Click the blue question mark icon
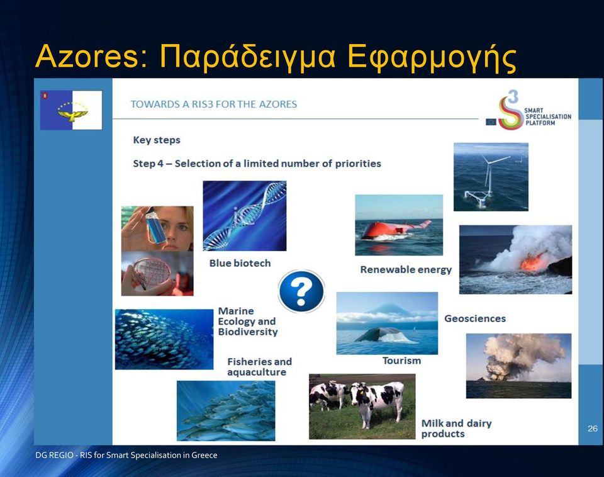coord(301,291)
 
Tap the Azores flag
coord(71,110)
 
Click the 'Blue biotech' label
coord(240,263)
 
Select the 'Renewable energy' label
coord(406,270)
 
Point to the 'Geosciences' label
coord(475,318)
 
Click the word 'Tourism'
coord(401,361)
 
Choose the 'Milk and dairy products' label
coord(457,429)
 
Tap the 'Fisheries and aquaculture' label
coord(259,367)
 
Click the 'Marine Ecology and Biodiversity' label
coord(248,322)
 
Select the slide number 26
coord(593,429)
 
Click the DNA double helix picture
coord(245,216)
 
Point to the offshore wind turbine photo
coord(491,177)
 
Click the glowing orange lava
coord(531,261)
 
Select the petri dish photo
coord(157,274)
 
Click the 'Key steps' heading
coord(157,140)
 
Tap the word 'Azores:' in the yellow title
coord(92,57)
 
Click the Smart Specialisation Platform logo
coord(528,110)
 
